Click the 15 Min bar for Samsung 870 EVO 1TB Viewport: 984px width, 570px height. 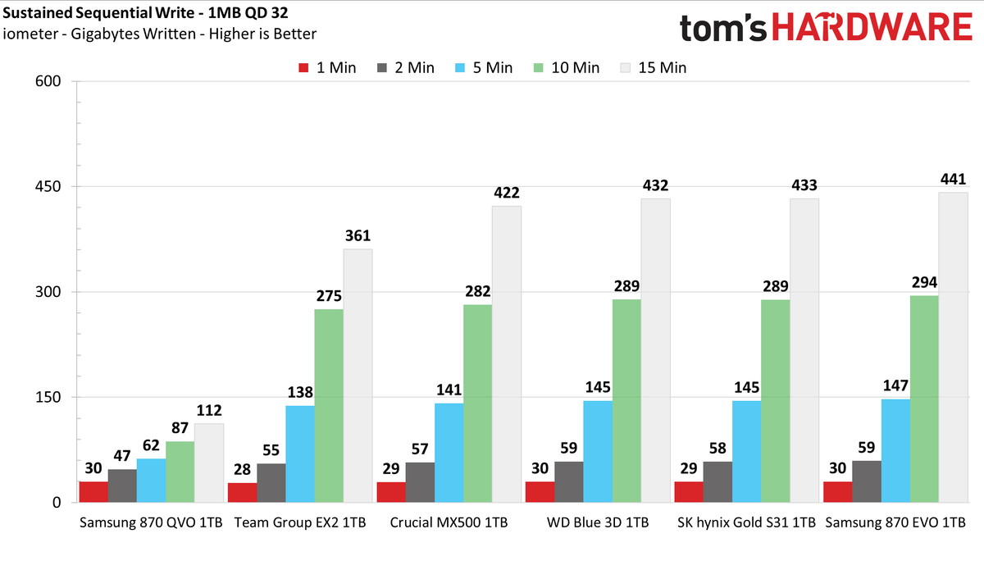click(953, 347)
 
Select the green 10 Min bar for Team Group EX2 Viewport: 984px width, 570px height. click(329, 406)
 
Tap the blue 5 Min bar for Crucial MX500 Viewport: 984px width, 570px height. click(449, 453)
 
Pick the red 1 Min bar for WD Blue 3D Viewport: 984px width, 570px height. click(540, 492)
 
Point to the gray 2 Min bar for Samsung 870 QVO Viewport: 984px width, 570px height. click(122, 486)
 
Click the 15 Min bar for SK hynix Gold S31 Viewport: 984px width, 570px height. click(804, 350)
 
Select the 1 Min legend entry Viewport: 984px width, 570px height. click(327, 68)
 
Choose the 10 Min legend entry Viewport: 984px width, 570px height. click(567, 68)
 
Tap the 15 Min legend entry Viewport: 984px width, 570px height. click(654, 68)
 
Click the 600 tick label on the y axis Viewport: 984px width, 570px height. click(48, 81)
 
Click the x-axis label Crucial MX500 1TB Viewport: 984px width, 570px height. click(449, 522)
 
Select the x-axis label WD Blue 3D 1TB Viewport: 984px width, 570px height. click(598, 522)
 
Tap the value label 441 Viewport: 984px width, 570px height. click(953, 179)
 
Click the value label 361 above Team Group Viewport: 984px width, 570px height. click(358, 235)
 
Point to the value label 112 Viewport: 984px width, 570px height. click(209, 410)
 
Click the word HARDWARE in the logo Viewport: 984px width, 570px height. click(872, 27)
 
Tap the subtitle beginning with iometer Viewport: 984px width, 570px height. click(159, 34)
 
